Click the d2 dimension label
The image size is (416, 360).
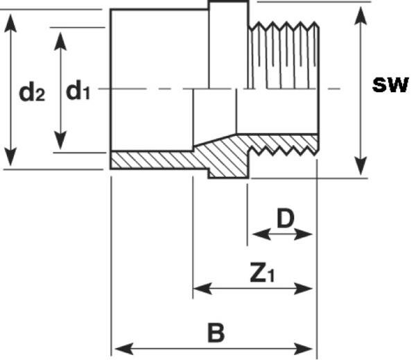[32, 92]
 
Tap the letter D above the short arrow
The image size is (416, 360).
[286, 218]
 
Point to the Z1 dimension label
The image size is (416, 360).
[261, 274]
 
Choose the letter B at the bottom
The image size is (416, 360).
[216, 332]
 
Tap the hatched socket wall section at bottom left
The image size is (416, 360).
[153, 160]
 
